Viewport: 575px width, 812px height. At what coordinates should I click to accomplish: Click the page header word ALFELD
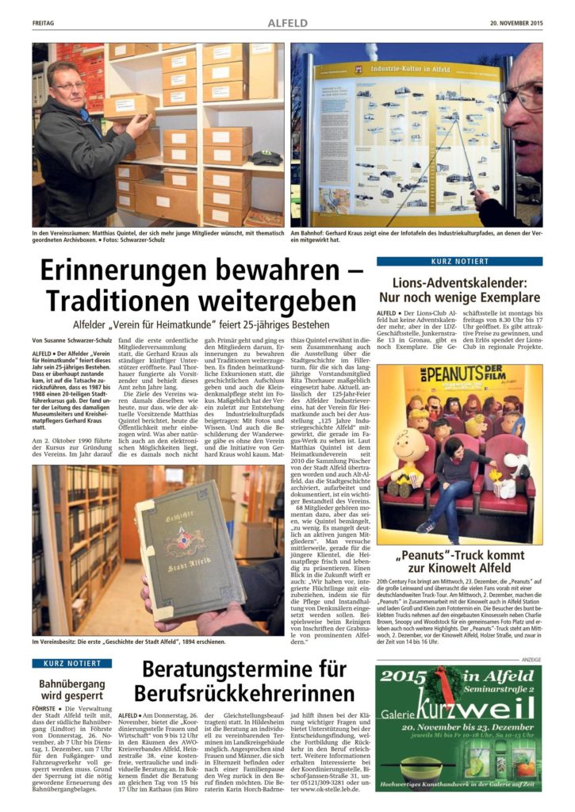coord(288,24)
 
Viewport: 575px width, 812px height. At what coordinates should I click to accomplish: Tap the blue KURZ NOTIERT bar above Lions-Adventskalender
coord(459,261)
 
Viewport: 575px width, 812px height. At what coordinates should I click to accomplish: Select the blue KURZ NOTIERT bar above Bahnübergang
coord(66,663)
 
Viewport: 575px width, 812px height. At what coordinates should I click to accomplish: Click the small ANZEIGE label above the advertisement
coord(531,660)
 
